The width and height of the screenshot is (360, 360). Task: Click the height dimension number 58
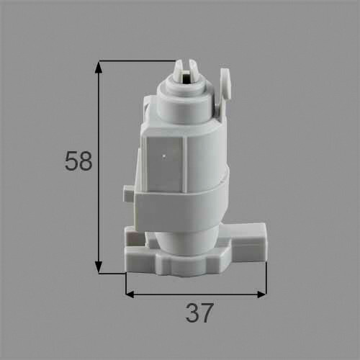78,161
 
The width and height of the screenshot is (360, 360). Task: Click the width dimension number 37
199,312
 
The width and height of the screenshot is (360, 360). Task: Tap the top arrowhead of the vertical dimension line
99,67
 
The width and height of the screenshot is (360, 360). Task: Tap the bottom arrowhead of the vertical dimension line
99,267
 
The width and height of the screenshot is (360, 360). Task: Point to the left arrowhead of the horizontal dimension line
130,294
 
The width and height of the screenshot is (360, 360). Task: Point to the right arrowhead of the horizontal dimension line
262,294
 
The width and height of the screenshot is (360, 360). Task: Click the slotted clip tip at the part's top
186,71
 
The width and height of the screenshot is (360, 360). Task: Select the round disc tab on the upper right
226,84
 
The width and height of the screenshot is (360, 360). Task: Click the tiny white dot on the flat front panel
163,156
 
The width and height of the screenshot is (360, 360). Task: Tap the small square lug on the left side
129,194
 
